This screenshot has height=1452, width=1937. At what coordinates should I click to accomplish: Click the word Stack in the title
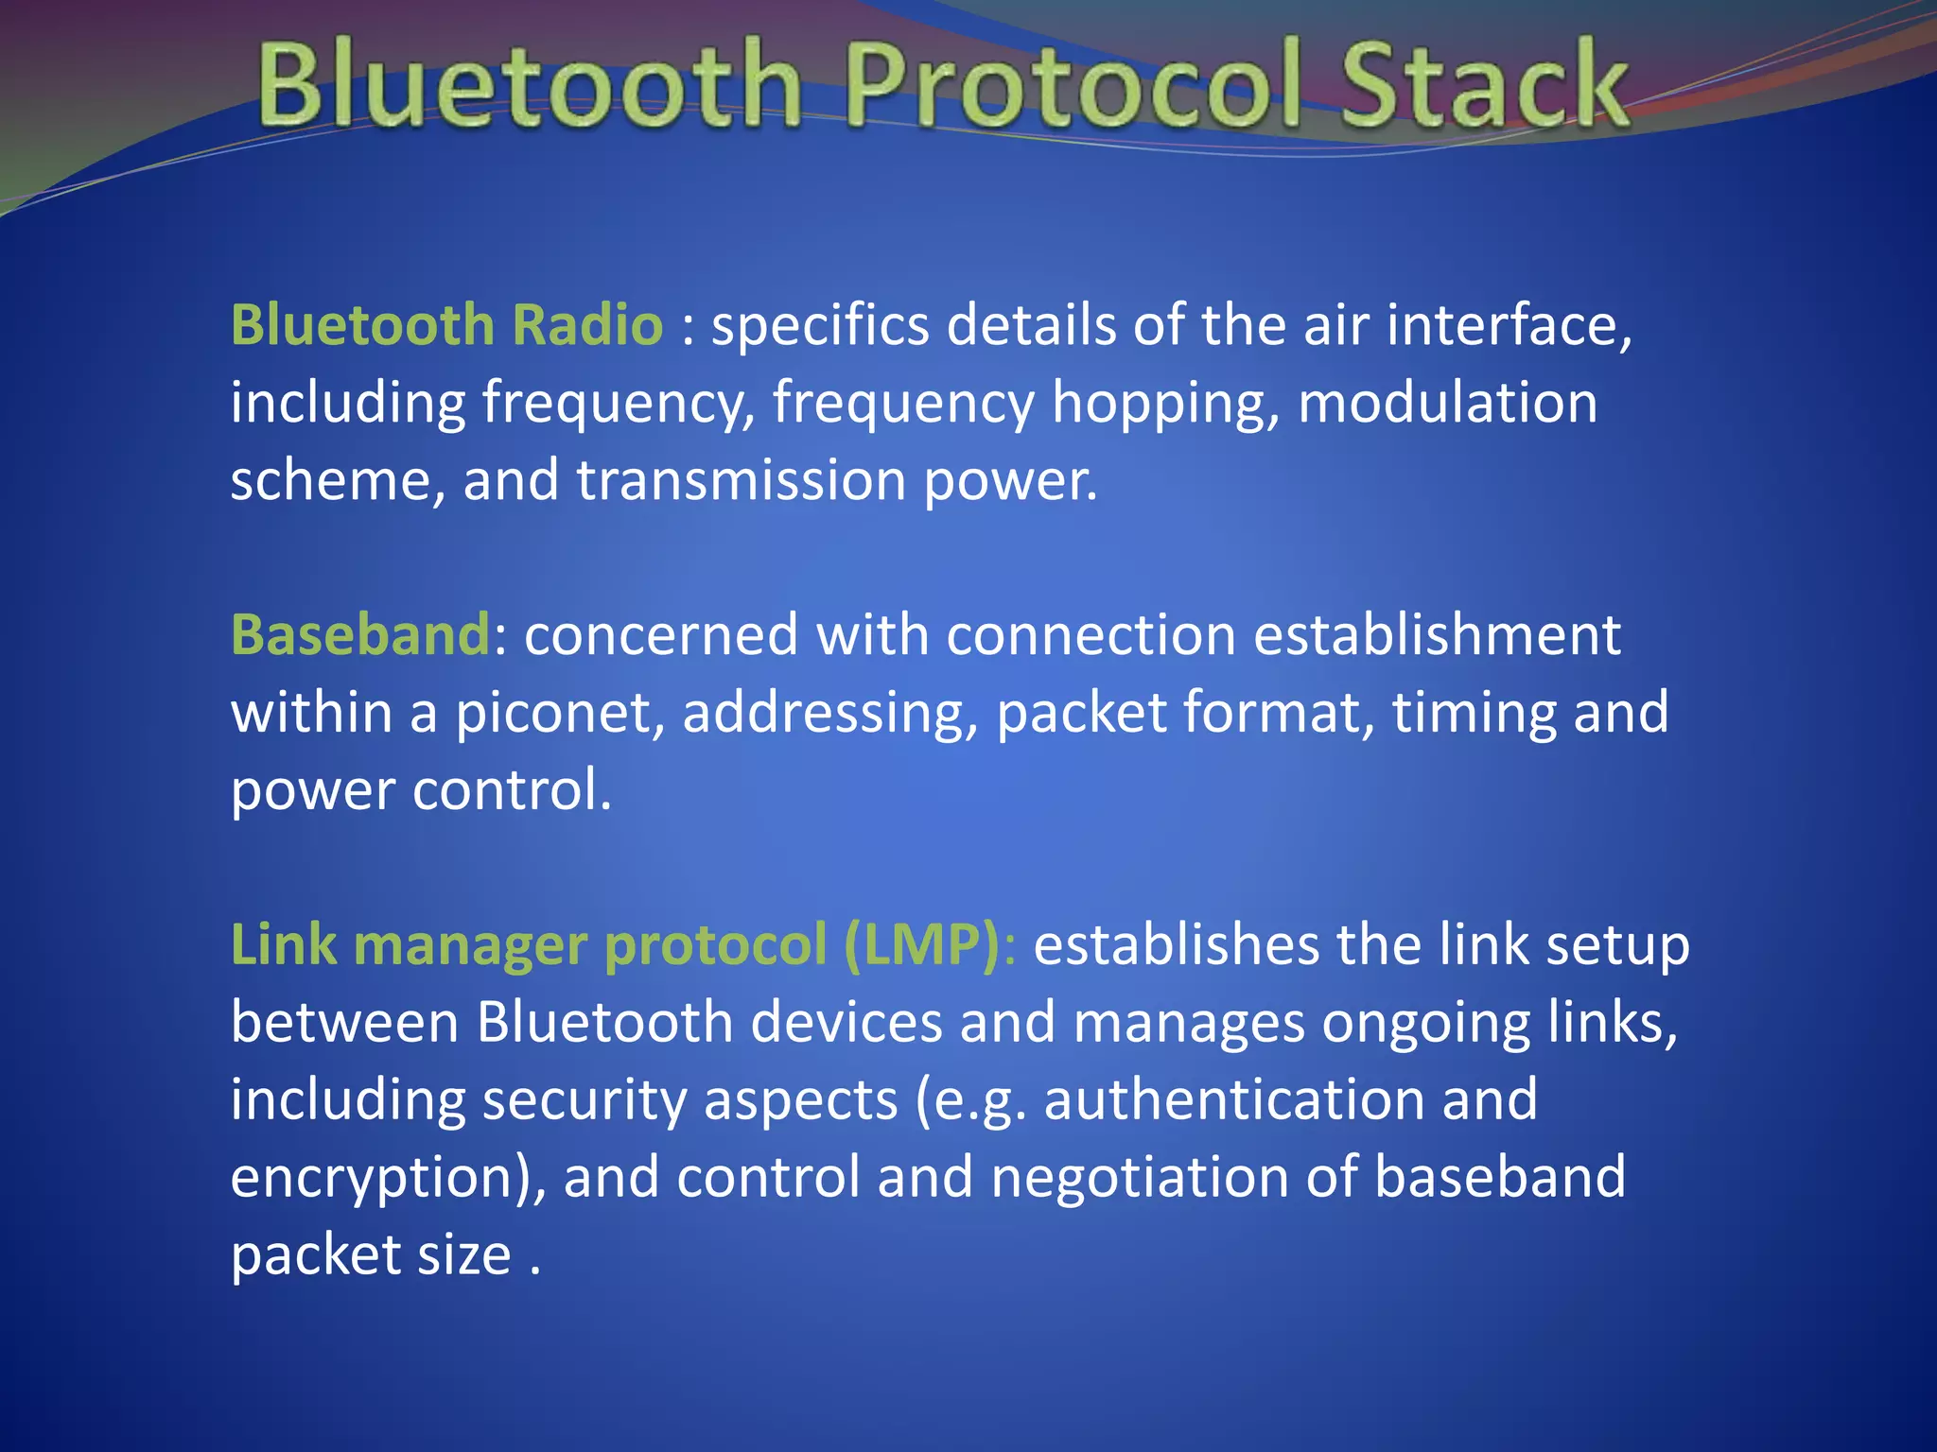pyautogui.click(x=1485, y=87)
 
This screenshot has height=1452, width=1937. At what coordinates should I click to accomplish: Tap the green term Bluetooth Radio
pyautogui.click(x=446, y=326)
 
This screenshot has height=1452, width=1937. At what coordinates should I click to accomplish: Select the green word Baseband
pyautogui.click(x=360, y=634)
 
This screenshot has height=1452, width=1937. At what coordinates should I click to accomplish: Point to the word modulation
pyautogui.click(x=1447, y=404)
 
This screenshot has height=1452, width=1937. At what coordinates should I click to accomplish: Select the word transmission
pyautogui.click(x=741, y=480)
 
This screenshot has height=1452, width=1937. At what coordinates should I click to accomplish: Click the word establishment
pyautogui.click(x=1437, y=634)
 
